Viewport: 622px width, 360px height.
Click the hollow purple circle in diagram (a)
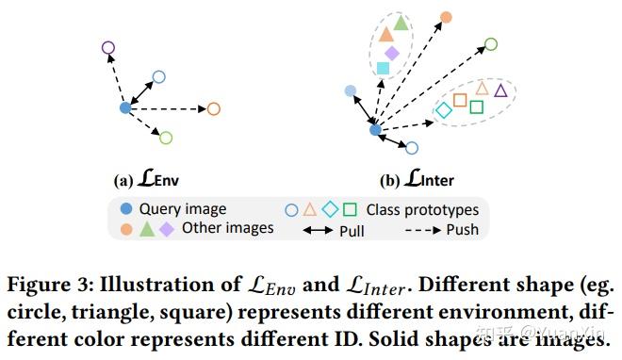(108, 42)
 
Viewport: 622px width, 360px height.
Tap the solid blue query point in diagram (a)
(125, 107)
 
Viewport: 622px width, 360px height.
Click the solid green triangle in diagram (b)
(401, 23)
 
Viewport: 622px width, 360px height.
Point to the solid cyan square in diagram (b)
(383, 69)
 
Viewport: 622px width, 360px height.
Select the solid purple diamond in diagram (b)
(392, 53)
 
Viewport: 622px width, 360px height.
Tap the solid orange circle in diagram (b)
(447, 18)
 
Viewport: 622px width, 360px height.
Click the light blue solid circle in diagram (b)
(351, 90)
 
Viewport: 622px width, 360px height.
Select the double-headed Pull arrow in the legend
(318, 230)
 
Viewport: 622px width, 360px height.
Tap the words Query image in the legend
(183, 209)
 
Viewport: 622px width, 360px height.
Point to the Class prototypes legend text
(422, 210)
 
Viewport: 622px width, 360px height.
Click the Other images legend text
(228, 228)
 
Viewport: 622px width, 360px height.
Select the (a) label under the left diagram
(123, 181)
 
